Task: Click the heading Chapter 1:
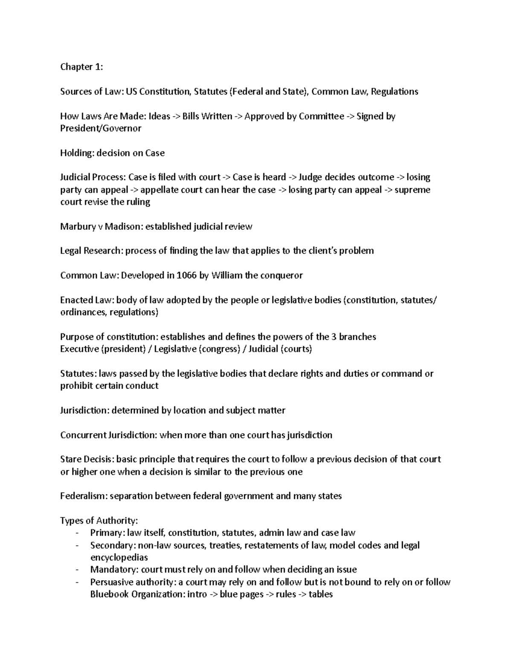(x=81, y=67)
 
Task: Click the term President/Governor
(x=101, y=129)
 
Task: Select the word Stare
(x=70, y=459)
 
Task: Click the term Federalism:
(x=84, y=496)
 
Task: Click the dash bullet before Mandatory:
(x=76, y=570)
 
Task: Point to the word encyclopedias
(x=119, y=558)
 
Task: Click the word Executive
(x=79, y=349)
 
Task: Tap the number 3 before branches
(x=333, y=337)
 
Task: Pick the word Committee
(x=321, y=117)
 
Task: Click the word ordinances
(x=83, y=313)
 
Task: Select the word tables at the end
(x=320, y=594)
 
